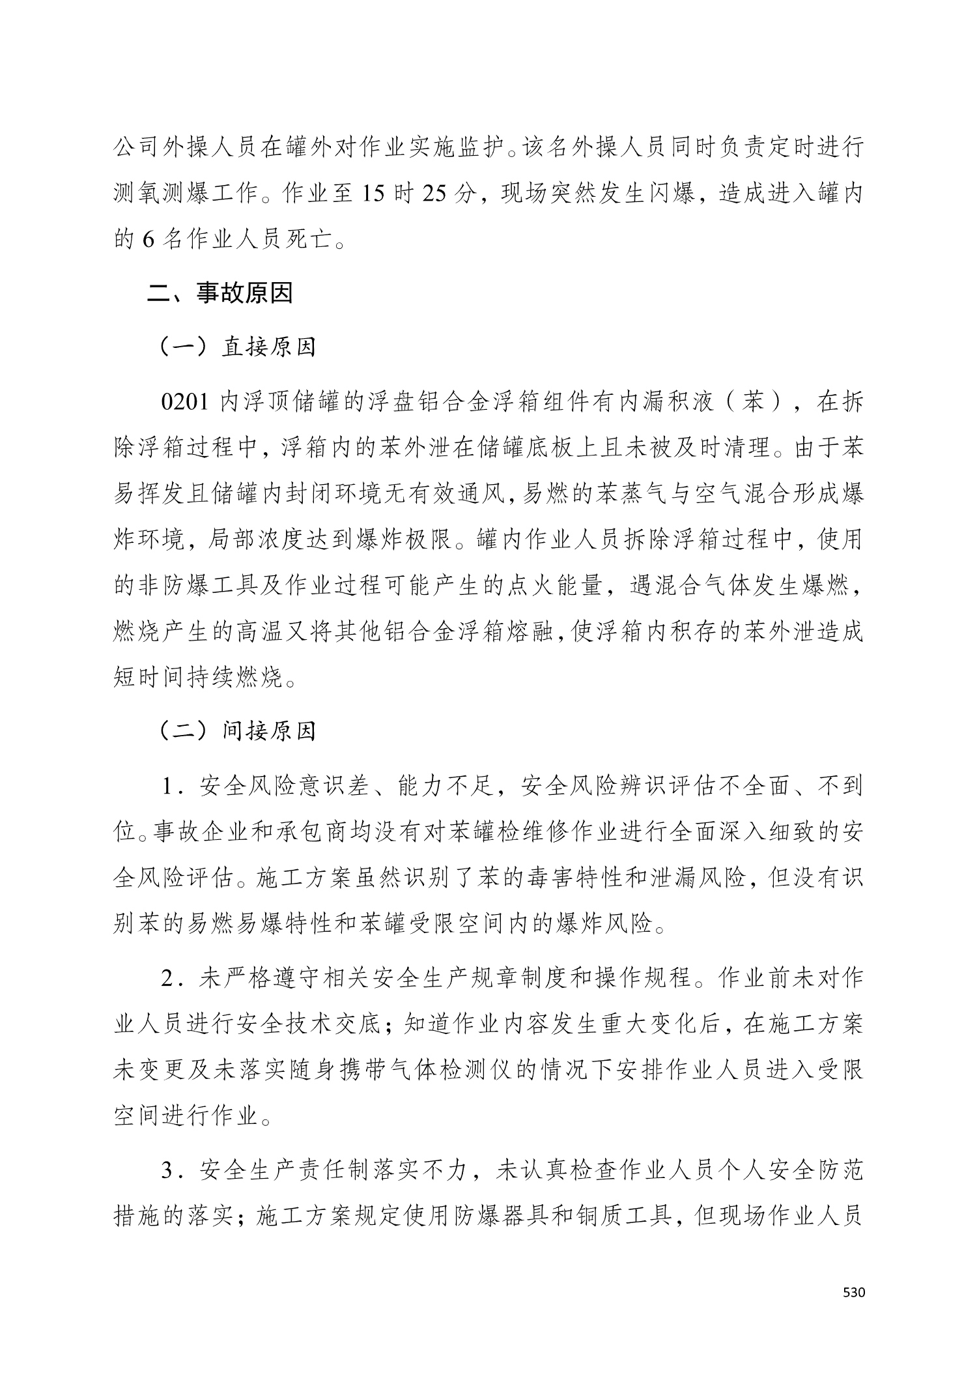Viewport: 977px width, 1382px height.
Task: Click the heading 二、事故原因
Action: (x=220, y=293)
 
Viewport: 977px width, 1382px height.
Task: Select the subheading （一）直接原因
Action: (x=238, y=347)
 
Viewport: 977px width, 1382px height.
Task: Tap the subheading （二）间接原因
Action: (x=238, y=732)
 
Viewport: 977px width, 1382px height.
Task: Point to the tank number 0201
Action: (x=184, y=402)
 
